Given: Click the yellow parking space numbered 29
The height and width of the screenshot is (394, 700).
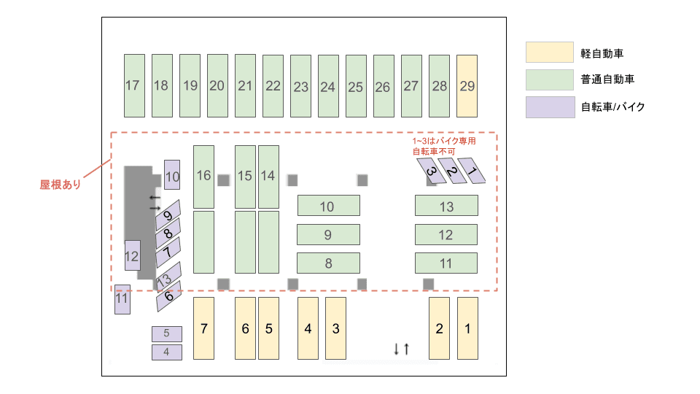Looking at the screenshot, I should pyautogui.click(x=467, y=85).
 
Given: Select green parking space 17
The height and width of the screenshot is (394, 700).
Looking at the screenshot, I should pyautogui.click(x=133, y=85).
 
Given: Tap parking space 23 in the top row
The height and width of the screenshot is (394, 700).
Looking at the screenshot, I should pyautogui.click(x=300, y=86).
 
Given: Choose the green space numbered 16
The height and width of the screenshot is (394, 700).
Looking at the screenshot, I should pyautogui.click(x=203, y=176).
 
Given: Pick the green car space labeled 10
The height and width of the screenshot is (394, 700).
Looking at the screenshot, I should pyautogui.click(x=328, y=206).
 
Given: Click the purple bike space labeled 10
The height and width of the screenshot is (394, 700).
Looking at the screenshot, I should pyautogui.click(x=172, y=175).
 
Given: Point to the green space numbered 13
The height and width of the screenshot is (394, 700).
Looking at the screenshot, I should pyautogui.click(x=446, y=206).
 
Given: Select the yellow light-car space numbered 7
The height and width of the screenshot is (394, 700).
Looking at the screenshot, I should pyautogui.click(x=203, y=328).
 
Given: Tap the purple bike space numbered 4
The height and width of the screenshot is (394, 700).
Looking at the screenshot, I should pyautogui.click(x=166, y=352).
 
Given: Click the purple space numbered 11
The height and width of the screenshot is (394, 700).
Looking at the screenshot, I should pyautogui.click(x=122, y=299).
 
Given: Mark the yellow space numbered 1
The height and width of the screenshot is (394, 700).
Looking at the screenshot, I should pyautogui.click(x=467, y=328).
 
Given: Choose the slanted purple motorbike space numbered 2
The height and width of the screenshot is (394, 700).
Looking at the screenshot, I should pyautogui.click(x=453, y=172).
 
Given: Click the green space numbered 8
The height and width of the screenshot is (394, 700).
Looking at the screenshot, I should pyautogui.click(x=328, y=263).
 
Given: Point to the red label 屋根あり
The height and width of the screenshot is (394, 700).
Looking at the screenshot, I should pyautogui.click(x=60, y=185).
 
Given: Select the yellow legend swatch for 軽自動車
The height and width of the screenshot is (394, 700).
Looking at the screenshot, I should pyautogui.click(x=549, y=53).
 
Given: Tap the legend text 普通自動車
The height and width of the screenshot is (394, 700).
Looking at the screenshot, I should pyautogui.click(x=607, y=80).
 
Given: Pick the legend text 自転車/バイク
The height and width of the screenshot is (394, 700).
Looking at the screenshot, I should pyautogui.click(x=612, y=107).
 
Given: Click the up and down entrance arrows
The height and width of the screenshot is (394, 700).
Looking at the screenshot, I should pyautogui.click(x=401, y=349).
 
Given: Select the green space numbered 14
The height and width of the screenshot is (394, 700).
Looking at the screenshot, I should pyautogui.click(x=268, y=176).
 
